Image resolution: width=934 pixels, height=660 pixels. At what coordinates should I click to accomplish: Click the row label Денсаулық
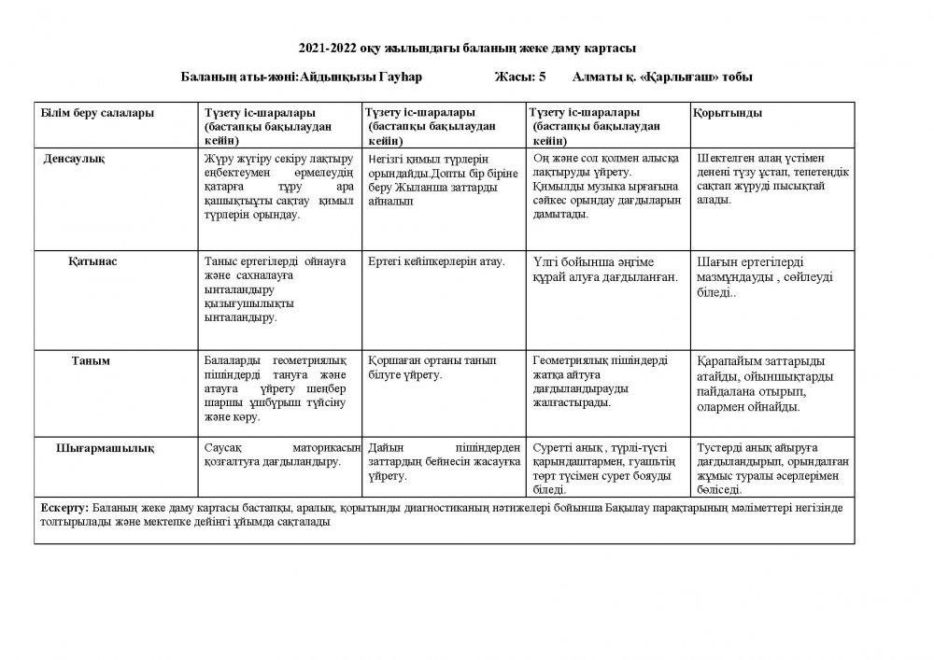pos(74,159)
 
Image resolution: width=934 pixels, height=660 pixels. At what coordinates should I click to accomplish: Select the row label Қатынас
pos(92,261)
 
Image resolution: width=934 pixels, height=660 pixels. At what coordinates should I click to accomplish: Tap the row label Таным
pos(92,360)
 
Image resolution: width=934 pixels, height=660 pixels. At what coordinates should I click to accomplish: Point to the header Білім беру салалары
pos(97,113)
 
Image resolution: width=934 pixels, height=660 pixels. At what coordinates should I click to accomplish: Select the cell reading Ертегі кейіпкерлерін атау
pos(436,261)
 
